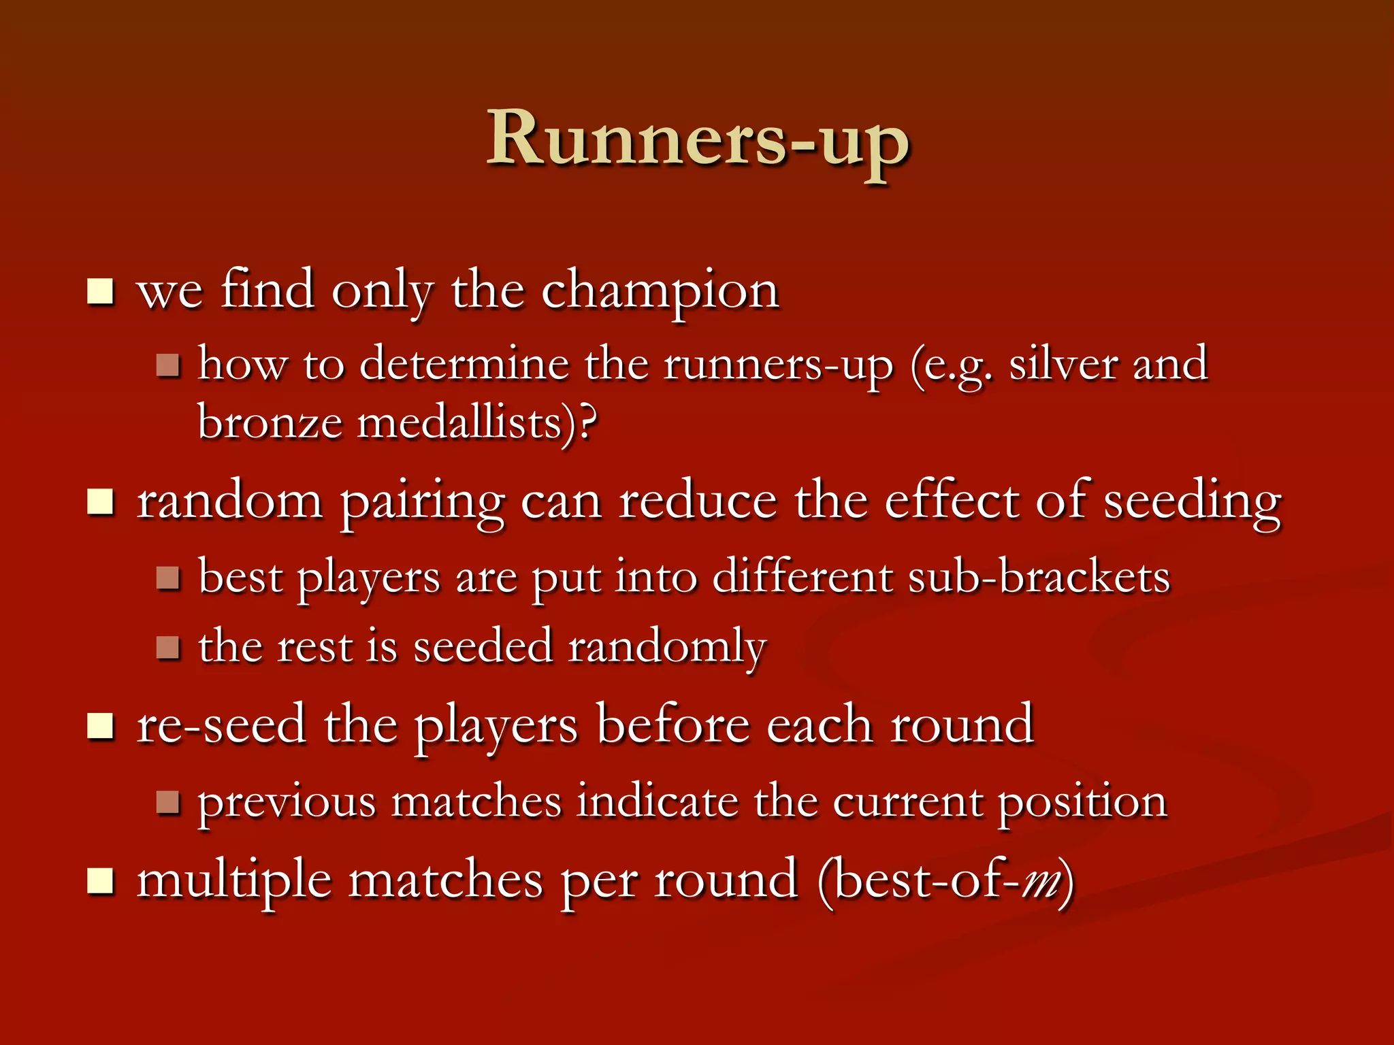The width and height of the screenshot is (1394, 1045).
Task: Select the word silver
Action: pyautogui.click(x=1063, y=365)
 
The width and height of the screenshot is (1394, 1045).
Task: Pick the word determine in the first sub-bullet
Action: pyautogui.click(x=463, y=365)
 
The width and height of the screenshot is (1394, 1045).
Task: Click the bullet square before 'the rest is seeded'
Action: pyautogui.click(x=167, y=647)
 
